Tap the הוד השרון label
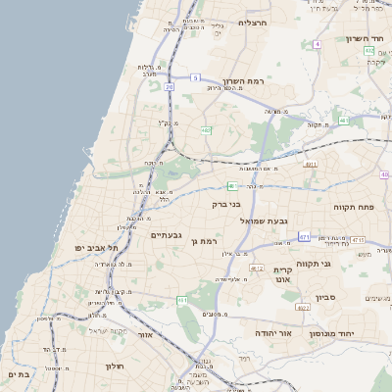point(362,39)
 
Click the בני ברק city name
point(225,205)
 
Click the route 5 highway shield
point(195,77)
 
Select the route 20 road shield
point(169,88)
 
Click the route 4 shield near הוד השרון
point(318,44)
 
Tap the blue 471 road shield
point(305,236)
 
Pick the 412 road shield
point(257,268)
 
